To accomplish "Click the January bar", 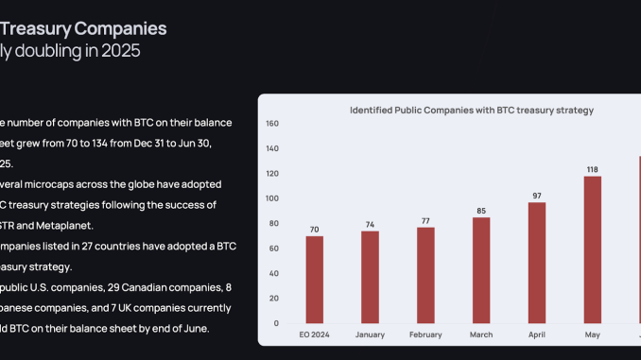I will (x=371, y=277).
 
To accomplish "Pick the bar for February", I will (x=426, y=275).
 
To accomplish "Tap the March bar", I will (x=481, y=270).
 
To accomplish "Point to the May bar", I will (x=592, y=249).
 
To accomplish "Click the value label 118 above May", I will (x=592, y=169).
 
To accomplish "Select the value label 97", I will (x=537, y=196).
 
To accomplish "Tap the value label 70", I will (x=316, y=229).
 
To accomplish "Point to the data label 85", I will (x=481, y=211).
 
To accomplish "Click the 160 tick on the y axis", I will (x=272, y=124).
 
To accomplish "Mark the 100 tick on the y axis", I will (x=272, y=198).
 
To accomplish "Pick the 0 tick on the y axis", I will (x=275, y=323).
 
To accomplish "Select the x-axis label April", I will (x=537, y=334).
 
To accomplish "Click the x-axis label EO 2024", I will (x=316, y=334).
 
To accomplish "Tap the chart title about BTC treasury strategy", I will (x=472, y=110).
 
